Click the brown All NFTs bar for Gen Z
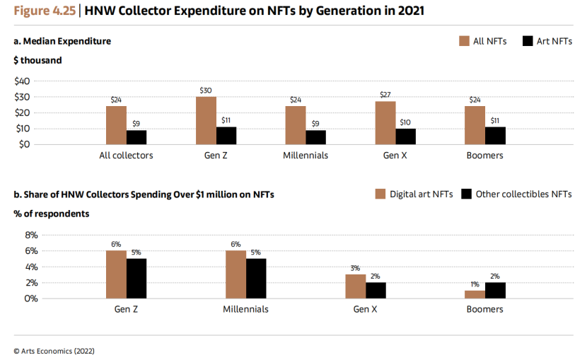[206, 121]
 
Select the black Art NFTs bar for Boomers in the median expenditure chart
[495, 136]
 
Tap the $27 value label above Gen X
[385, 95]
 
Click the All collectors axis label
[126, 156]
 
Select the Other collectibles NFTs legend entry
[523, 194]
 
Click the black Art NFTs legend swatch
[527, 41]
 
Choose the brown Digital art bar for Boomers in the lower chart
[475, 294]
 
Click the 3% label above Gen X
[356, 268]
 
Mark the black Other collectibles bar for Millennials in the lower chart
[256, 278]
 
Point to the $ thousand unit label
[37, 60]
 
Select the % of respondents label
[51, 214]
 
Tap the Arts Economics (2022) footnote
[54, 350]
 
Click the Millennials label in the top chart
[306, 156]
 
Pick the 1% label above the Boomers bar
[475, 284]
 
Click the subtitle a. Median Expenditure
[62, 41]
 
